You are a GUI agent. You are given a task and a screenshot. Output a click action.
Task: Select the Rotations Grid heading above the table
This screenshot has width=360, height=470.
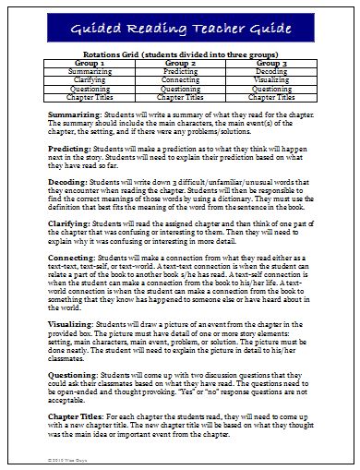[x=181, y=54]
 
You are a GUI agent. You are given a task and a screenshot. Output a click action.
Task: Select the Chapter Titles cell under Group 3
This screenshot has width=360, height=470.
[x=272, y=95]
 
